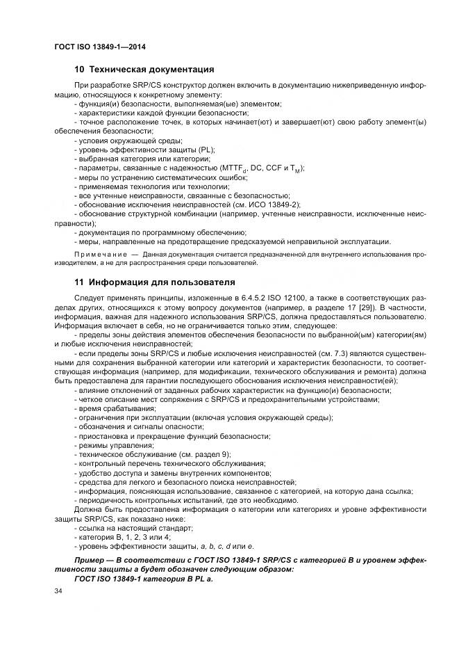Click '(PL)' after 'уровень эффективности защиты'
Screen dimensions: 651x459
206,150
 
